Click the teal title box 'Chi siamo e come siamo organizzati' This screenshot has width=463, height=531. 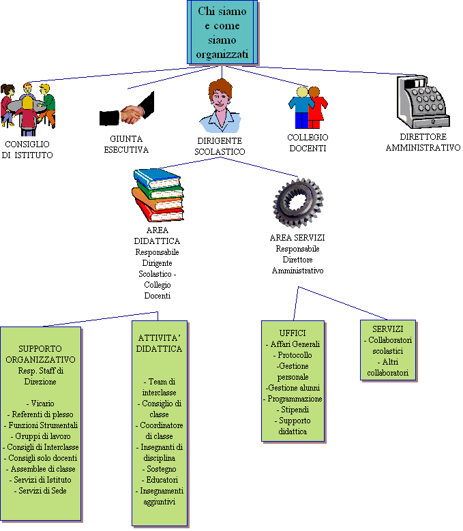pos(222,33)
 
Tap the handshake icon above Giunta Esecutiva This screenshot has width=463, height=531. pos(127,109)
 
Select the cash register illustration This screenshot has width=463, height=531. pos(423,102)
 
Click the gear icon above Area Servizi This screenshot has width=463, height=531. pos(298,203)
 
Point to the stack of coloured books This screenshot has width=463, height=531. pos(158,196)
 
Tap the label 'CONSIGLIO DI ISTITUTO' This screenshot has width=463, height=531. pos(27,150)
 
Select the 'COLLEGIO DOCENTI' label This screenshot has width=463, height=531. pos(308,142)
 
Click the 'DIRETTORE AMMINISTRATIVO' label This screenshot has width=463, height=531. pos(423,142)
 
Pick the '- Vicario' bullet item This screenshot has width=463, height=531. pos(40,404)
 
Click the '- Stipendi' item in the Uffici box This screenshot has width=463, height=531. pos(293,410)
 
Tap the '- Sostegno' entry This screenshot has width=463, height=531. pos(159,469)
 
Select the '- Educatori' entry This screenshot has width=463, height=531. pos(160,479)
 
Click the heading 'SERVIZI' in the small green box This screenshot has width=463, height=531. pos(388,329)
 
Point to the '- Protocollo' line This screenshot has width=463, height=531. pos(293,355)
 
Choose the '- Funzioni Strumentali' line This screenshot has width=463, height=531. pos(41,425)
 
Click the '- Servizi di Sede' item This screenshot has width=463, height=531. pos(40,490)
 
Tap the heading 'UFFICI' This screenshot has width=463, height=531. pos(293,333)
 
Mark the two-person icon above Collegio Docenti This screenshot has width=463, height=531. pos(308,107)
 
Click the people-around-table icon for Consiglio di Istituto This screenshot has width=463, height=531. pos(28,109)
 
